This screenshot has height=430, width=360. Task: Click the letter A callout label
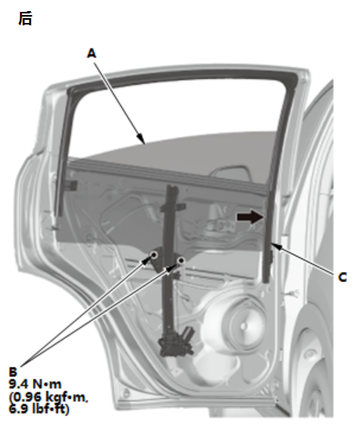coord(92,53)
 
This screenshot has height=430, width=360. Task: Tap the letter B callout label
coord(13,372)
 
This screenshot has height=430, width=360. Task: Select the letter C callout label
coord(342,277)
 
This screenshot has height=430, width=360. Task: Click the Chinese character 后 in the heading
coord(25,19)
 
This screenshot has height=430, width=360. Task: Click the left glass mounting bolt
coord(154,255)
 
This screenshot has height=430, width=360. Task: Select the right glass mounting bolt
coord(180,261)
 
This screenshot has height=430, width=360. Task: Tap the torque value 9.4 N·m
coord(35,384)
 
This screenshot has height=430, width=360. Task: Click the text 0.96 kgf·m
coord(50,397)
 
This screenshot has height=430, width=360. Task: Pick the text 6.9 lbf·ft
coord(39,409)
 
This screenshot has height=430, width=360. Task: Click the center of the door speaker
coord(243,325)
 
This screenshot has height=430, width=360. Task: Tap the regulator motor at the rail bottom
coord(176,343)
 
